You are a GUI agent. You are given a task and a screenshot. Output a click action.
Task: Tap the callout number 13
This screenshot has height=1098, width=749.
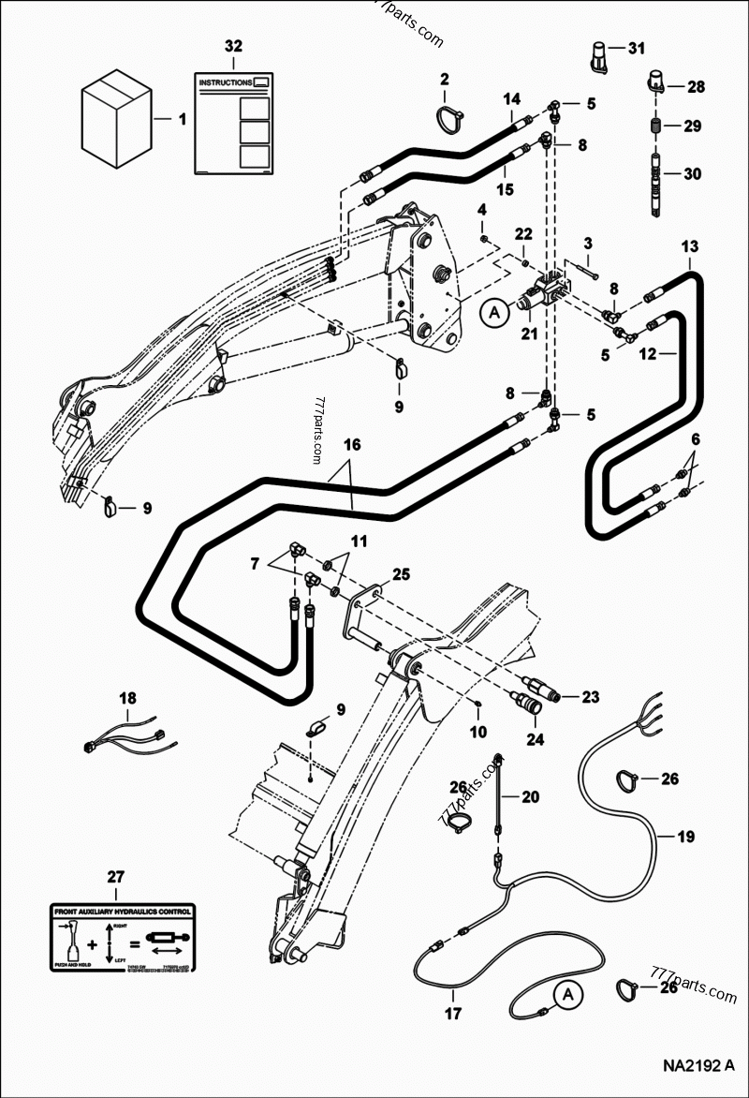click(689, 246)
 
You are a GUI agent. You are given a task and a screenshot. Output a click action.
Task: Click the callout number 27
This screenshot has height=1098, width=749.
click(115, 877)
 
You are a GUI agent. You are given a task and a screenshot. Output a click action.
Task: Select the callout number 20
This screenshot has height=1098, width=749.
click(530, 797)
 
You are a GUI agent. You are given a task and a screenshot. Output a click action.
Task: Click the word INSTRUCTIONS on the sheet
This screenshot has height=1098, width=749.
click(225, 82)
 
